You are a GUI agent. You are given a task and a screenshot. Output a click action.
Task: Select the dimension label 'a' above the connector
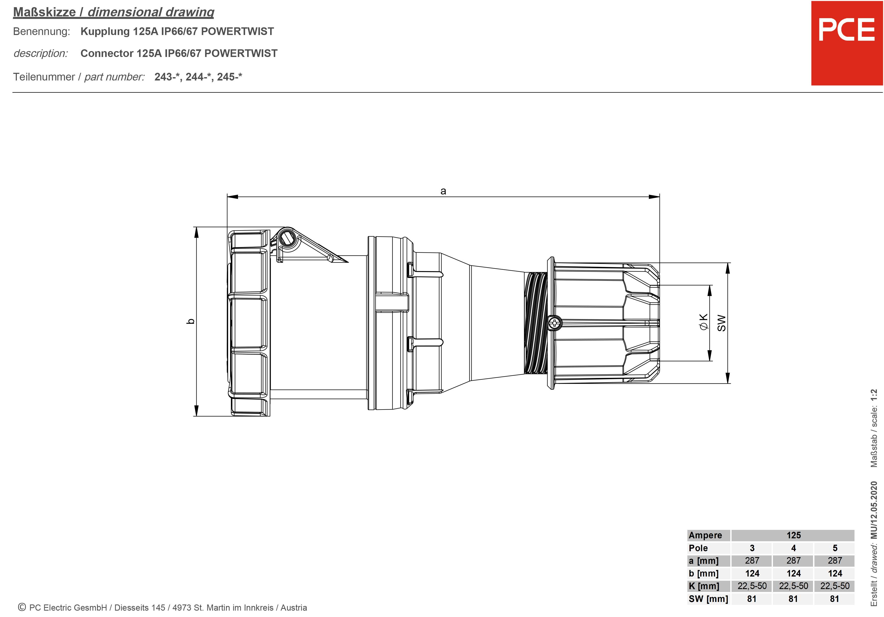click(443, 191)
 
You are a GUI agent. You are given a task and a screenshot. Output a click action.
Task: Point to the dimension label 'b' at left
click(190, 321)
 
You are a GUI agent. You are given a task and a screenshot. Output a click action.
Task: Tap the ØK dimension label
click(703, 322)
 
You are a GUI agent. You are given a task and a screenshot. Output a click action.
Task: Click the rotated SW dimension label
click(721, 323)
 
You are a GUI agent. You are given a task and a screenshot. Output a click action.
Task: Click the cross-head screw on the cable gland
click(554, 323)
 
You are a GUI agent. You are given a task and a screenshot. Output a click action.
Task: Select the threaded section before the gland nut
click(535, 323)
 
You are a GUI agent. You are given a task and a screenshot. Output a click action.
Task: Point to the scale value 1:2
click(874, 397)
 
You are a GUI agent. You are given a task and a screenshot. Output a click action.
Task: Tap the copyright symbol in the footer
click(22, 607)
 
